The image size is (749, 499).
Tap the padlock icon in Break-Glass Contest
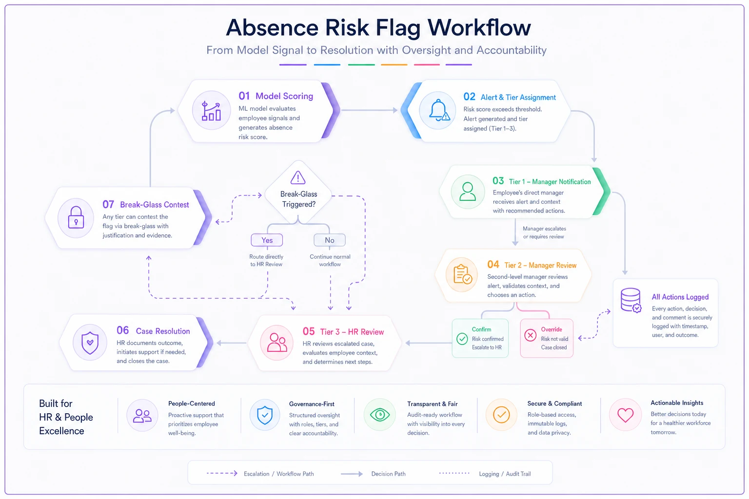click(76, 217)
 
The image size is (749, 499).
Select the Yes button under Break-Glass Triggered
click(267, 240)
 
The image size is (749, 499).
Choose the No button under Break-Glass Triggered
click(329, 240)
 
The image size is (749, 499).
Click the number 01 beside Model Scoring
click(244, 96)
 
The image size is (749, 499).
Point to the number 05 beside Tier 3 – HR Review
click(309, 331)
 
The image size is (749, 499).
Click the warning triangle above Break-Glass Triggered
click(297, 177)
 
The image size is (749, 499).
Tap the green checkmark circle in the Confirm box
click(462, 339)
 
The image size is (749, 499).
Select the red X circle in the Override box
click(531, 335)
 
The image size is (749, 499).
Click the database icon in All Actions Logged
click(631, 300)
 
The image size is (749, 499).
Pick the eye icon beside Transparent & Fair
click(380, 415)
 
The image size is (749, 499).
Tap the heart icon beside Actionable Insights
click(625, 415)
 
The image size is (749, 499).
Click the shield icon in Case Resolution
click(90, 343)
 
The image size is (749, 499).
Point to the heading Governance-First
click(312, 404)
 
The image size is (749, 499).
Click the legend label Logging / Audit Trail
click(505, 474)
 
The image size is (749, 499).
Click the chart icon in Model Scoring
click(211, 111)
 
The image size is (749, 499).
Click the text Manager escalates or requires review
click(544, 232)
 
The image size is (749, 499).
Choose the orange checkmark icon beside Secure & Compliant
click(501, 415)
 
